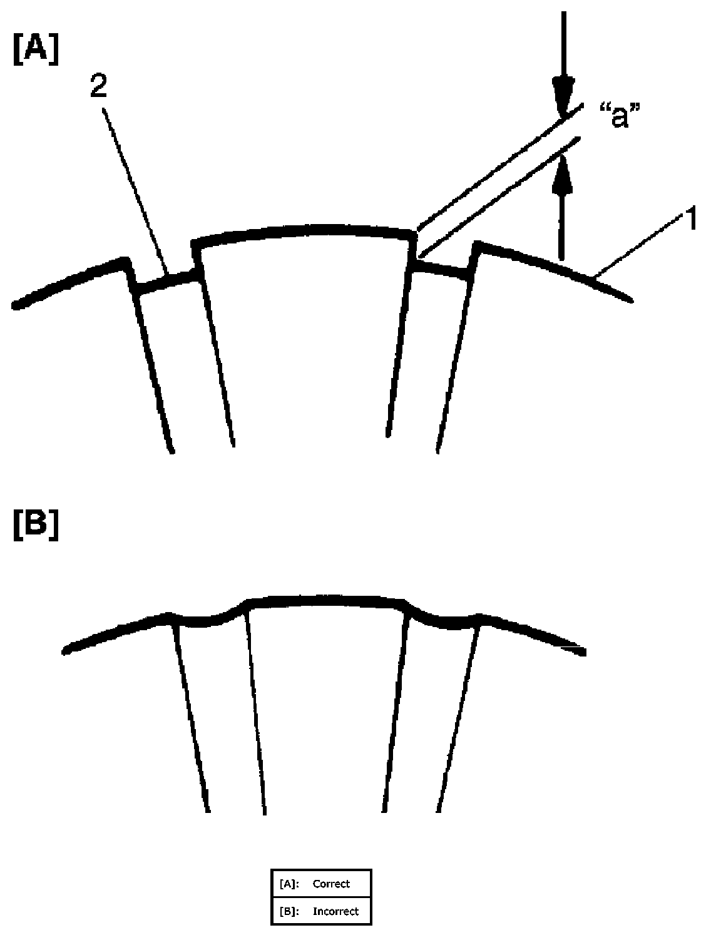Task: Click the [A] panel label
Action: (x=36, y=50)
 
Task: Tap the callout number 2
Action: (x=98, y=87)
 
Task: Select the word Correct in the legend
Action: (x=331, y=884)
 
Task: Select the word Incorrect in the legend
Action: (x=335, y=911)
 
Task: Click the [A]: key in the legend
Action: (x=289, y=884)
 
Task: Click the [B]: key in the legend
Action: (x=289, y=911)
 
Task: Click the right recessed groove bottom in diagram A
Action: (x=441, y=269)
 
